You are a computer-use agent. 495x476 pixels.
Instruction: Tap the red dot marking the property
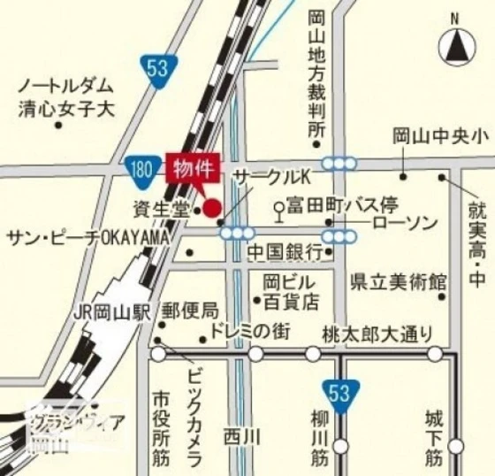tap(212, 209)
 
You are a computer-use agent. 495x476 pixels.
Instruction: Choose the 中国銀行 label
tap(285, 251)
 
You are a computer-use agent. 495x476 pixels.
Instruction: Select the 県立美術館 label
tap(398, 282)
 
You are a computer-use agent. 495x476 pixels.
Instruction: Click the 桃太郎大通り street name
tap(378, 333)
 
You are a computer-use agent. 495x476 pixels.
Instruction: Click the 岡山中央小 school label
tap(440, 135)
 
